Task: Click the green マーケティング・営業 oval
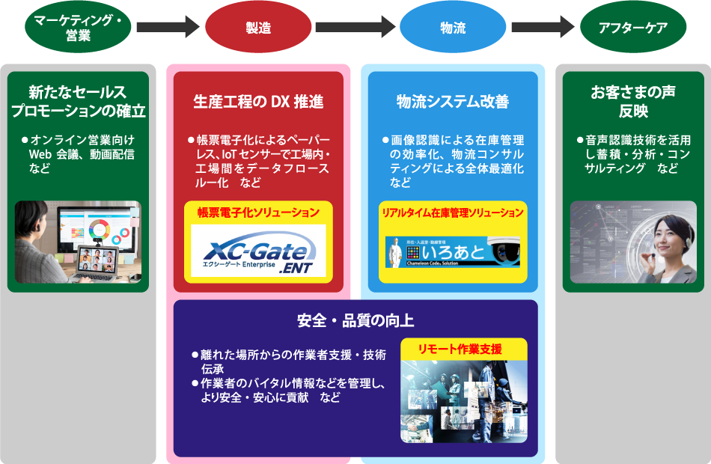(x=79, y=28)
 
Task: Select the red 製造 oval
(x=258, y=28)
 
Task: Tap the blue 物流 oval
(x=453, y=28)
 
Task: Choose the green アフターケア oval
(x=633, y=28)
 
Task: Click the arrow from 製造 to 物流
(x=355, y=28)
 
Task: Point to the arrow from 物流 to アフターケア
(x=544, y=28)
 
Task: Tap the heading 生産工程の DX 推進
(x=258, y=101)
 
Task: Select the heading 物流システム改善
(x=453, y=101)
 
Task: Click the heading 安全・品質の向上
(x=355, y=321)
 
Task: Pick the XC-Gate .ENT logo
(x=258, y=251)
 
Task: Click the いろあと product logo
(x=453, y=252)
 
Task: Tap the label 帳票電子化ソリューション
(x=258, y=213)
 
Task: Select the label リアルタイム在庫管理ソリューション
(x=453, y=213)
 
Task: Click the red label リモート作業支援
(x=464, y=349)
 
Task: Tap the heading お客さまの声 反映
(x=633, y=102)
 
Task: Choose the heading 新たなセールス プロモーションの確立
(x=79, y=102)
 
